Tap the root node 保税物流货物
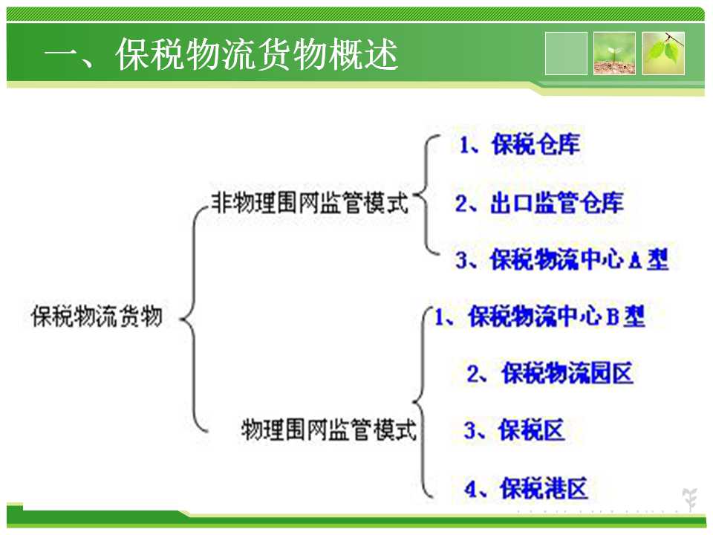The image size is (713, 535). click(97, 317)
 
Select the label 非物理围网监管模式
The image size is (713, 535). click(310, 202)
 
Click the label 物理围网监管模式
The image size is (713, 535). click(329, 429)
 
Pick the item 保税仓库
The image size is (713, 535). click(535, 145)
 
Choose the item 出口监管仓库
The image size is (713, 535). click(557, 202)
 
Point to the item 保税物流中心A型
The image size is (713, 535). click(579, 260)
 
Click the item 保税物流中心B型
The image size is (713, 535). click(556, 317)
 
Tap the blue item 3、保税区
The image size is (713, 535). click(514, 430)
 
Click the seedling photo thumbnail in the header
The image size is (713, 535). click(614, 53)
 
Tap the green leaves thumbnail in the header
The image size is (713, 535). click(663, 53)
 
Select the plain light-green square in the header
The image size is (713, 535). click(566, 53)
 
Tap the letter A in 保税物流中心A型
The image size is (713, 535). click(636, 261)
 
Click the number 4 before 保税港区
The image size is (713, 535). click(469, 490)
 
